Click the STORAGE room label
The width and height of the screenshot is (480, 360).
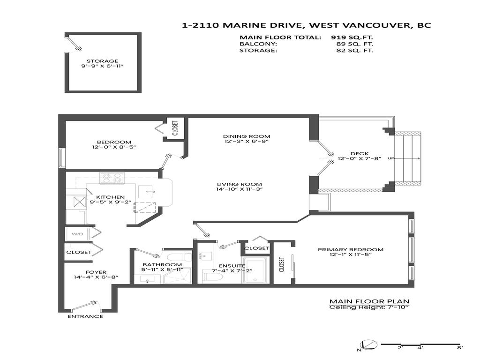pyautogui.click(x=102, y=61)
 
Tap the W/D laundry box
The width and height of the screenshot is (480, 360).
pyautogui.click(x=76, y=233)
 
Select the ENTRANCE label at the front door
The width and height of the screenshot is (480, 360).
pyautogui.click(x=85, y=316)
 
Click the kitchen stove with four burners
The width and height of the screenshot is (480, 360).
pyautogui.click(x=112, y=178)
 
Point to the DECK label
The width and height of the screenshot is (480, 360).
pyautogui.click(x=359, y=154)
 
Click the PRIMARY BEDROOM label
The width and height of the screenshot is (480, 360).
pyautogui.click(x=350, y=249)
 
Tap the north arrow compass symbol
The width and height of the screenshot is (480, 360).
pyautogui.click(x=368, y=345)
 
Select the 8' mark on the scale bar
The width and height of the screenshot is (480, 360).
pyautogui.click(x=459, y=347)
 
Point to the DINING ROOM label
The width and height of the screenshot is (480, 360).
pyautogui.click(x=240, y=136)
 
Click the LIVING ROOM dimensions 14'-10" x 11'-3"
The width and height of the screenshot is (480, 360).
pyautogui.click(x=240, y=189)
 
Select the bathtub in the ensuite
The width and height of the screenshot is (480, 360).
pyautogui.click(x=255, y=270)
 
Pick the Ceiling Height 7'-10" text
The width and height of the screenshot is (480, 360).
pyautogui.click(x=369, y=307)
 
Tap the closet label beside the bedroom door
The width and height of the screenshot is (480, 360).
pyautogui.click(x=175, y=128)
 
